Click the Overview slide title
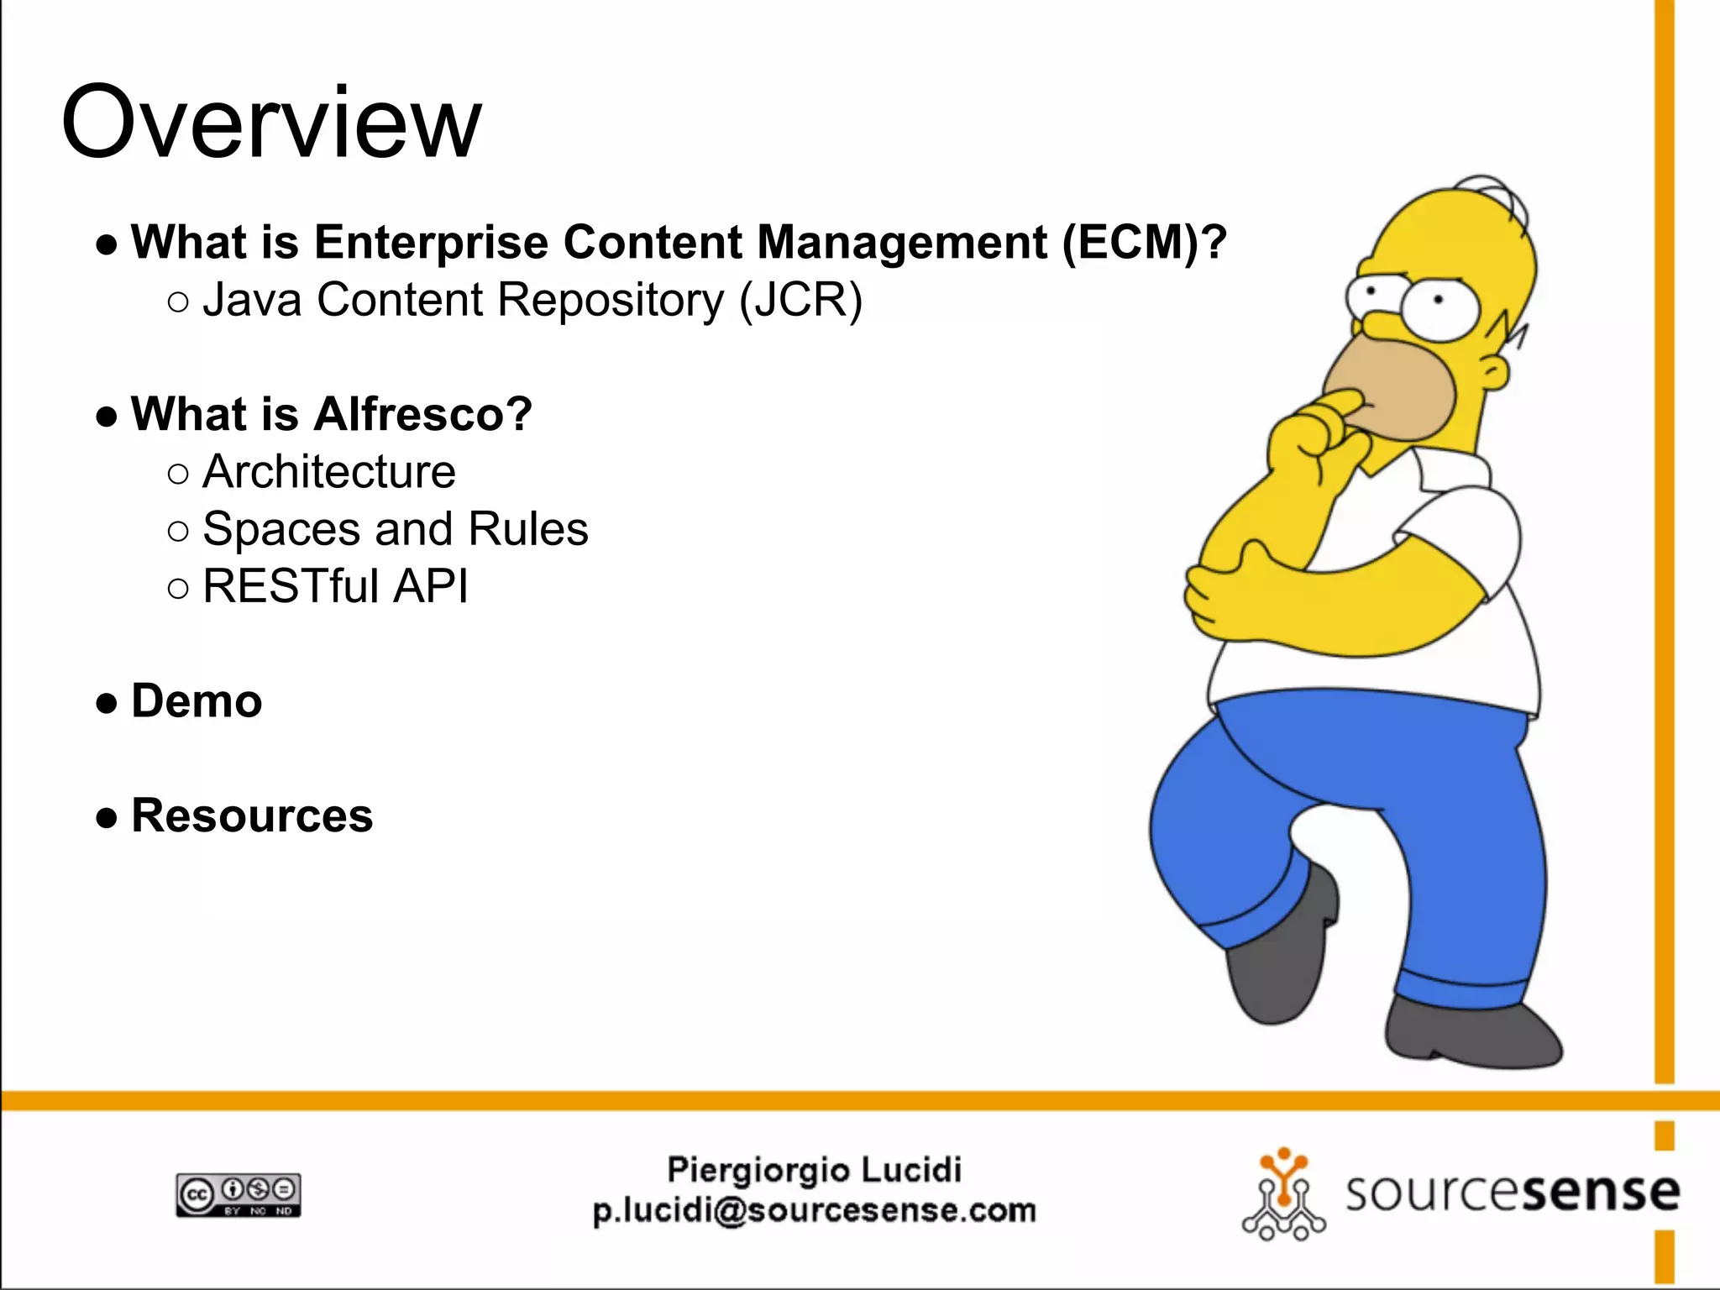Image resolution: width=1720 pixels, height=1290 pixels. [271, 122]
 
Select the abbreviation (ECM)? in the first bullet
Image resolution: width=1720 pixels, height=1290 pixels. [1144, 243]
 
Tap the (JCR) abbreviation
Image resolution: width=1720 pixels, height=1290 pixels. [800, 300]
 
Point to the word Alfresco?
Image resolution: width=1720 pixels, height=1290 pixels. [423, 414]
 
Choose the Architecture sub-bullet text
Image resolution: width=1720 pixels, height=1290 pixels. [328, 471]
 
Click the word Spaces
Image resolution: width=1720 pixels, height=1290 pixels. [282, 530]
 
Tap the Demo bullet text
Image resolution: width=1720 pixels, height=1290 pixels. [197, 701]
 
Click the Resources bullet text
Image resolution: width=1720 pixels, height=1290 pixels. [252, 815]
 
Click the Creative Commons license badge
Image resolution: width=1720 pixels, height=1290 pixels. [239, 1195]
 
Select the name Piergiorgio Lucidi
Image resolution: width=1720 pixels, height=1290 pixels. [814, 1169]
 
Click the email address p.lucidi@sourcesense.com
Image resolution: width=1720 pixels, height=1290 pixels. [814, 1211]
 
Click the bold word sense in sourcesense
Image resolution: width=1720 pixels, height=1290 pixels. [1600, 1193]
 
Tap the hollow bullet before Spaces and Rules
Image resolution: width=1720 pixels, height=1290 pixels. [178, 531]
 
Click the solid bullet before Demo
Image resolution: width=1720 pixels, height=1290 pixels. [107, 703]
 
